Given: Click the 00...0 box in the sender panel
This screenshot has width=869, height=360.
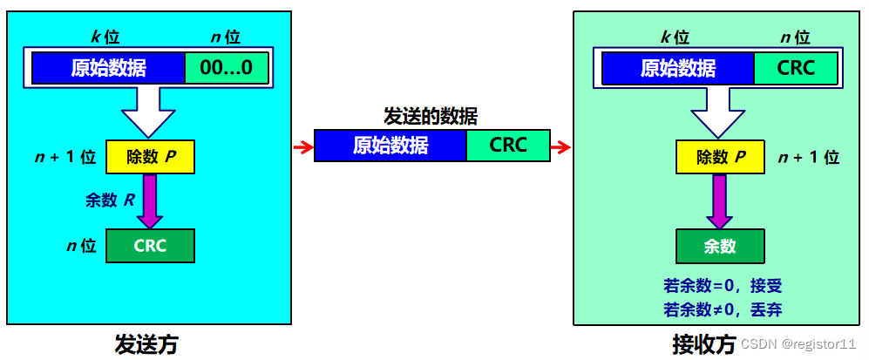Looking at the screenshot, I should (226, 68).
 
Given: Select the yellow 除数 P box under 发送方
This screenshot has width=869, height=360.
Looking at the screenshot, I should (150, 158).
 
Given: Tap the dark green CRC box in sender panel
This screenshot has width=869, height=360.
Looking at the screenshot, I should (150, 246).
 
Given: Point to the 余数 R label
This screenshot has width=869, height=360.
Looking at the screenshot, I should (110, 200).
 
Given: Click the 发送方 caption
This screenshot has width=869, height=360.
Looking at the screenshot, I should (146, 344).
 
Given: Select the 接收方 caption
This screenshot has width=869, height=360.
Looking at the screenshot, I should (703, 344).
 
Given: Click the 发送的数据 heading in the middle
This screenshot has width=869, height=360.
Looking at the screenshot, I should (431, 116).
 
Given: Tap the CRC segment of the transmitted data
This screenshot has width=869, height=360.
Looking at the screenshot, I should (508, 145).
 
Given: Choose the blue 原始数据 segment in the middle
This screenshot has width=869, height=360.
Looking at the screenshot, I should (390, 145).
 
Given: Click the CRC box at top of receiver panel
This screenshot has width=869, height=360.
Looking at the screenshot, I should (796, 68).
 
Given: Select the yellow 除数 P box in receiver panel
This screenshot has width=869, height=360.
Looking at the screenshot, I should (720, 158).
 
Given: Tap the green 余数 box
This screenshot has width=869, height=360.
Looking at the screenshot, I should (720, 247).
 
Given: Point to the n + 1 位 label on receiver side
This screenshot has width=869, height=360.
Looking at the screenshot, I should (808, 158).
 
